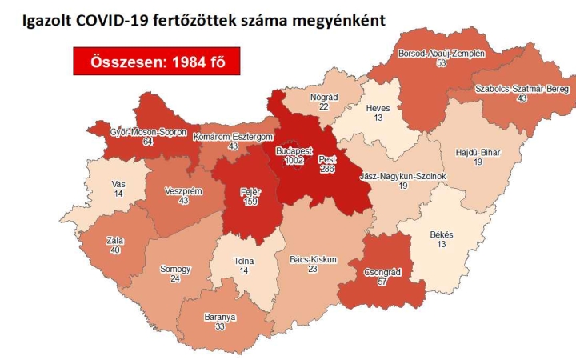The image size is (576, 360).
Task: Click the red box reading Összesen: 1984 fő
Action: pos(156,62)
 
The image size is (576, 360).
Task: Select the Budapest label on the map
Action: pos(294,150)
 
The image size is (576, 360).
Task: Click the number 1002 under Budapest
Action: pos(293,161)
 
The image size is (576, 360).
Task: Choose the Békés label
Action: pos(442,234)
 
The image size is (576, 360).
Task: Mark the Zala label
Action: pos(114,239)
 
